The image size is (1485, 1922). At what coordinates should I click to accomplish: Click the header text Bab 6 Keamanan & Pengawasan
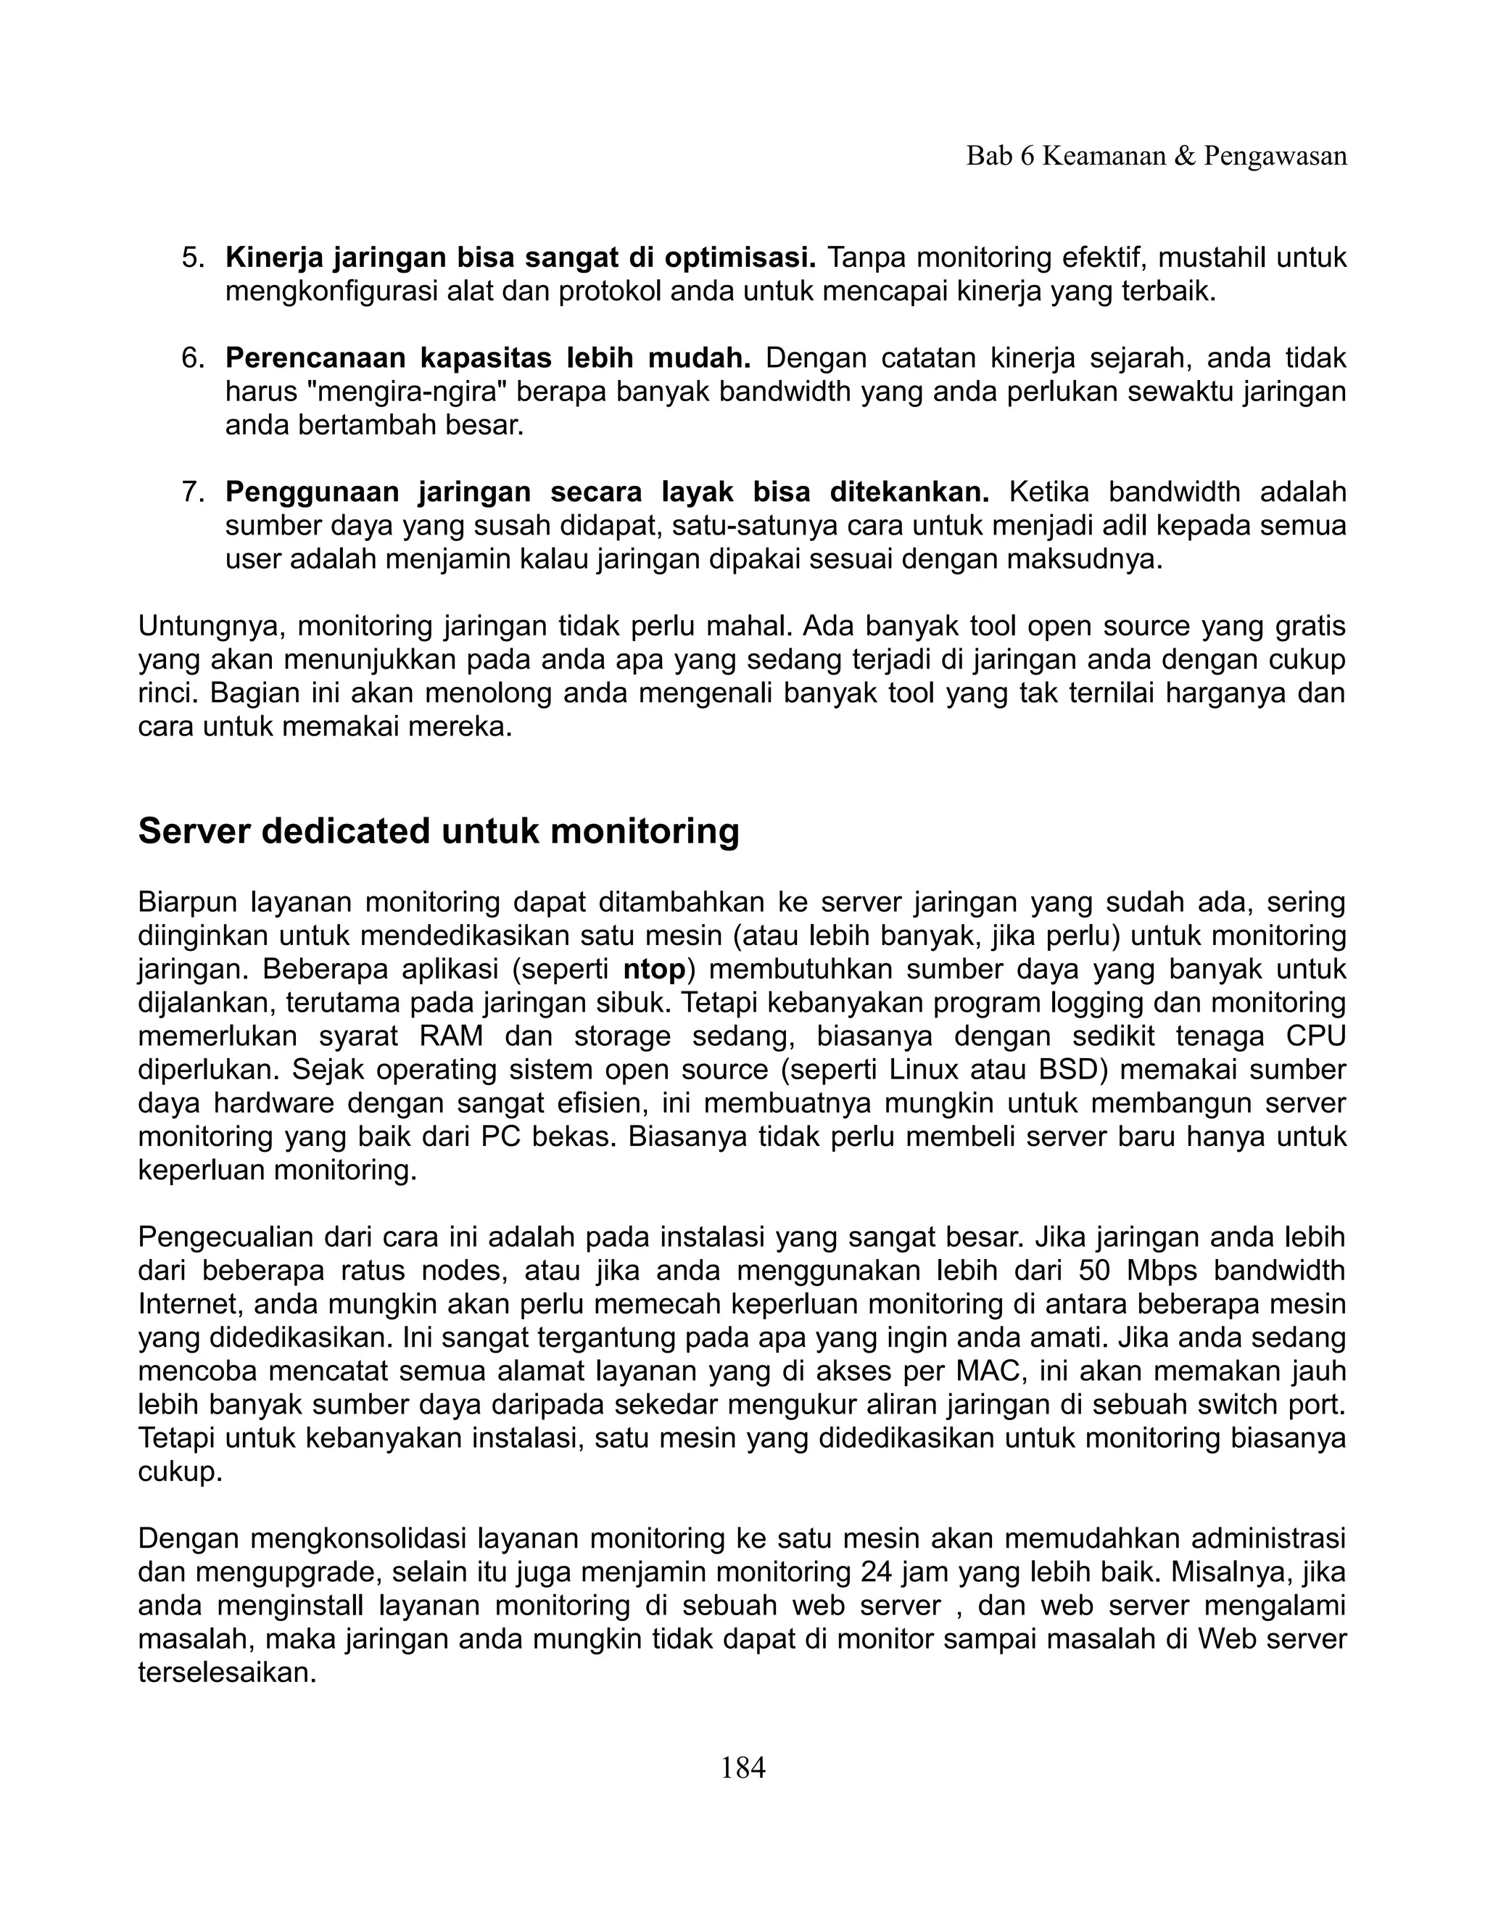1156,156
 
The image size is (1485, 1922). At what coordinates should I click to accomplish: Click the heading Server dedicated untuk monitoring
438,830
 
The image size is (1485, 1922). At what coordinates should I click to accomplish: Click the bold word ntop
653,969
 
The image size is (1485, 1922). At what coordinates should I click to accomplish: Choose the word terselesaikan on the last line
227,1672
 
